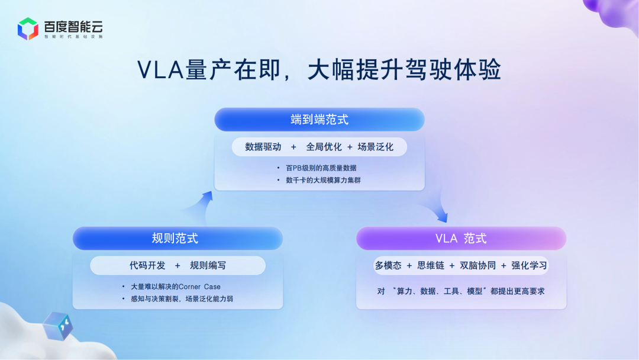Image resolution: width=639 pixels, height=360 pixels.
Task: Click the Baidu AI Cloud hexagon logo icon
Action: [x=28, y=28]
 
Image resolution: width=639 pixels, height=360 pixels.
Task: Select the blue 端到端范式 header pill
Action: [x=319, y=120]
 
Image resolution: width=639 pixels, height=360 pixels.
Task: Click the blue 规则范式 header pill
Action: [x=177, y=239]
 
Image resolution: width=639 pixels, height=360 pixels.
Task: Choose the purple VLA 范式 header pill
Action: [x=461, y=239]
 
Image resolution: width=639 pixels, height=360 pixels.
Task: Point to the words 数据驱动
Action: [x=263, y=147]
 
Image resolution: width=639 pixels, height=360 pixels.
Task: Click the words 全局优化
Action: [x=324, y=147]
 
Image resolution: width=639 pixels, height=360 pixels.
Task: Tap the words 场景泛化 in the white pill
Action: [x=375, y=147]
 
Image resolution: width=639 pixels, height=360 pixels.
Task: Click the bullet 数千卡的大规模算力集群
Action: [x=323, y=180]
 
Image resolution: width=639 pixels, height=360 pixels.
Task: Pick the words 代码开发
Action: [x=147, y=265]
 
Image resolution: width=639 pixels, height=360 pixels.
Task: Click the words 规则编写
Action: [x=208, y=265]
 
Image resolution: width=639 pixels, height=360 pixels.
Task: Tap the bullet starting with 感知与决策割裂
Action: [x=182, y=299]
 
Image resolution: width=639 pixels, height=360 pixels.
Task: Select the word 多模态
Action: [x=388, y=265]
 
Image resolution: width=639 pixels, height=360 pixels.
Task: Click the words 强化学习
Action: [x=530, y=265]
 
